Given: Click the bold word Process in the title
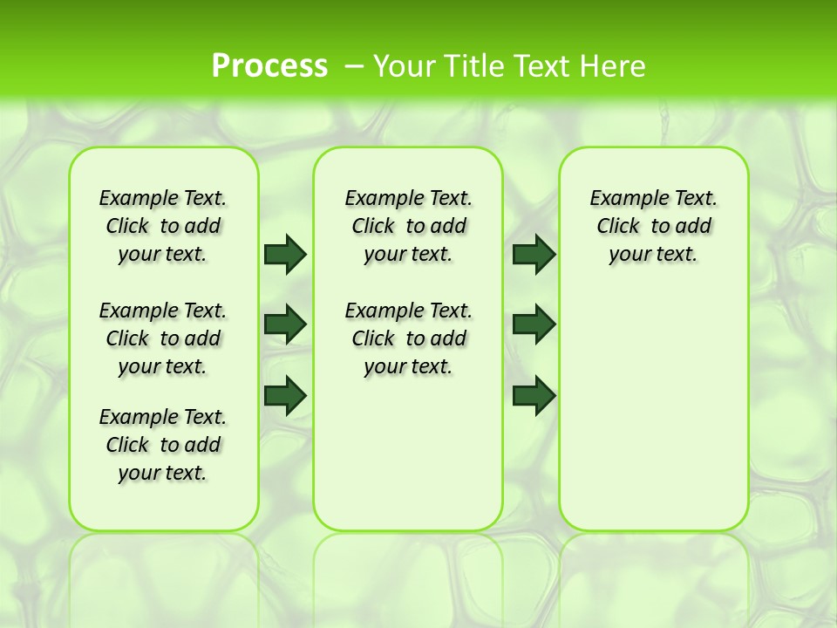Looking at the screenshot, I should (x=269, y=65).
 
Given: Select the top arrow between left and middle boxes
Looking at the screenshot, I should (x=285, y=254).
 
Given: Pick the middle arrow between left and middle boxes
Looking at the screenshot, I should (x=285, y=324).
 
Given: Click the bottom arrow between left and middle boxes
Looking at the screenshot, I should (x=285, y=395).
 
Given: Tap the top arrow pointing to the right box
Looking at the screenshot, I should (x=534, y=254).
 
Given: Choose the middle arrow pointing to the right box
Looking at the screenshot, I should (x=534, y=324).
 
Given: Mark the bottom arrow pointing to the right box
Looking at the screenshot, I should (x=534, y=395).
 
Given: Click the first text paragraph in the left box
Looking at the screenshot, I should (x=163, y=226).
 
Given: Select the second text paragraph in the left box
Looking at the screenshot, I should (x=163, y=338).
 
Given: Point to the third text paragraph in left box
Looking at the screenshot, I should (x=163, y=445).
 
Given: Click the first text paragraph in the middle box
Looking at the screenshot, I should (x=408, y=226).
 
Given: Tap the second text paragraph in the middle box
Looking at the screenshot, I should (x=408, y=338).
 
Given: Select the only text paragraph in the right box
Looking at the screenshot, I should (x=653, y=226).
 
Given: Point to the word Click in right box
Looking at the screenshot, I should (x=618, y=227).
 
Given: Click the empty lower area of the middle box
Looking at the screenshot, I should (x=408, y=454).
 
